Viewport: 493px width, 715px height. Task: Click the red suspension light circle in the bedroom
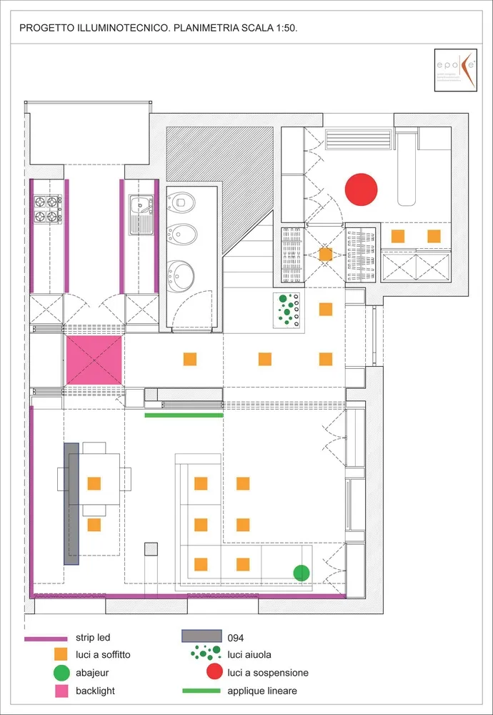pos(361,189)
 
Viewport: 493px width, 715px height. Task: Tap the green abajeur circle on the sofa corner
pos(302,572)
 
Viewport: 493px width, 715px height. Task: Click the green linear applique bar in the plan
pos(184,415)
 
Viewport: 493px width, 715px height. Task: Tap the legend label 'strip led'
pos(93,637)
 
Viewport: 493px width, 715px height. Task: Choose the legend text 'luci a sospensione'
pos(268,673)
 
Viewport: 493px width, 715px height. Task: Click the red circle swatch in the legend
pos(213,673)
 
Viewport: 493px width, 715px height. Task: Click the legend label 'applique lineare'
pos(262,691)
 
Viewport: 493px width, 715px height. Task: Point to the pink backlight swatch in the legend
pos(61,691)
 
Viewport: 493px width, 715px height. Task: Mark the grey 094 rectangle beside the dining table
pos(71,503)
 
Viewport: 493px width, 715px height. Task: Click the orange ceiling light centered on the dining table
pos(94,483)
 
